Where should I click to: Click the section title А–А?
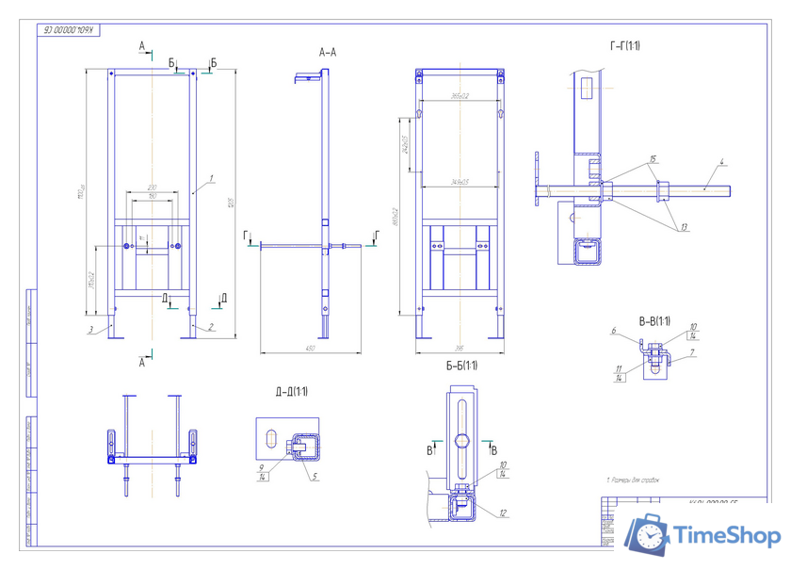click(328, 52)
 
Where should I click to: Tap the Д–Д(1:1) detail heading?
click(293, 391)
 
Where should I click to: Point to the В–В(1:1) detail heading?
click(653, 322)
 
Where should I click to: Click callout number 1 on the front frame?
click(214, 177)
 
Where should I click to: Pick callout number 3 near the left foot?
click(90, 329)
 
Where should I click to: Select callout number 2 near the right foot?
click(211, 328)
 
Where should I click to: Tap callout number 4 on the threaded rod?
click(720, 163)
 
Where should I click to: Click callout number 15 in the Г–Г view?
click(654, 160)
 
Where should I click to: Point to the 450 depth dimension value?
click(310, 349)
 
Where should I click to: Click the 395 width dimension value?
click(459, 350)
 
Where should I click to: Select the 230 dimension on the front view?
click(153, 187)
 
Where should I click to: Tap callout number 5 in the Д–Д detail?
click(314, 475)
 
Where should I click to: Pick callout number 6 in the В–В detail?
click(613, 331)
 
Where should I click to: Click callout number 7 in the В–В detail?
click(693, 351)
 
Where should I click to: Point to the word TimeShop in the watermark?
click(726, 536)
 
